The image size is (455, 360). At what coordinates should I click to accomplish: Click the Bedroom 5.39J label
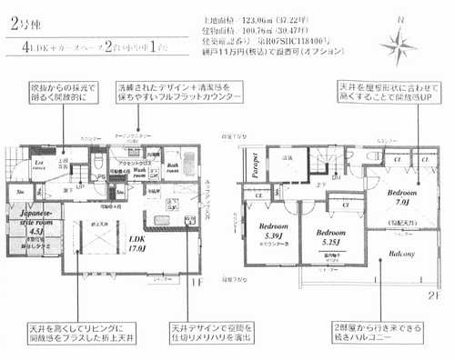pos(273,232)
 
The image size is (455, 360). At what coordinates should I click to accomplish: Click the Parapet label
pos(248,170)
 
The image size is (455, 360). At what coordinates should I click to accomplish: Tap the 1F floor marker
pos(195,281)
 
